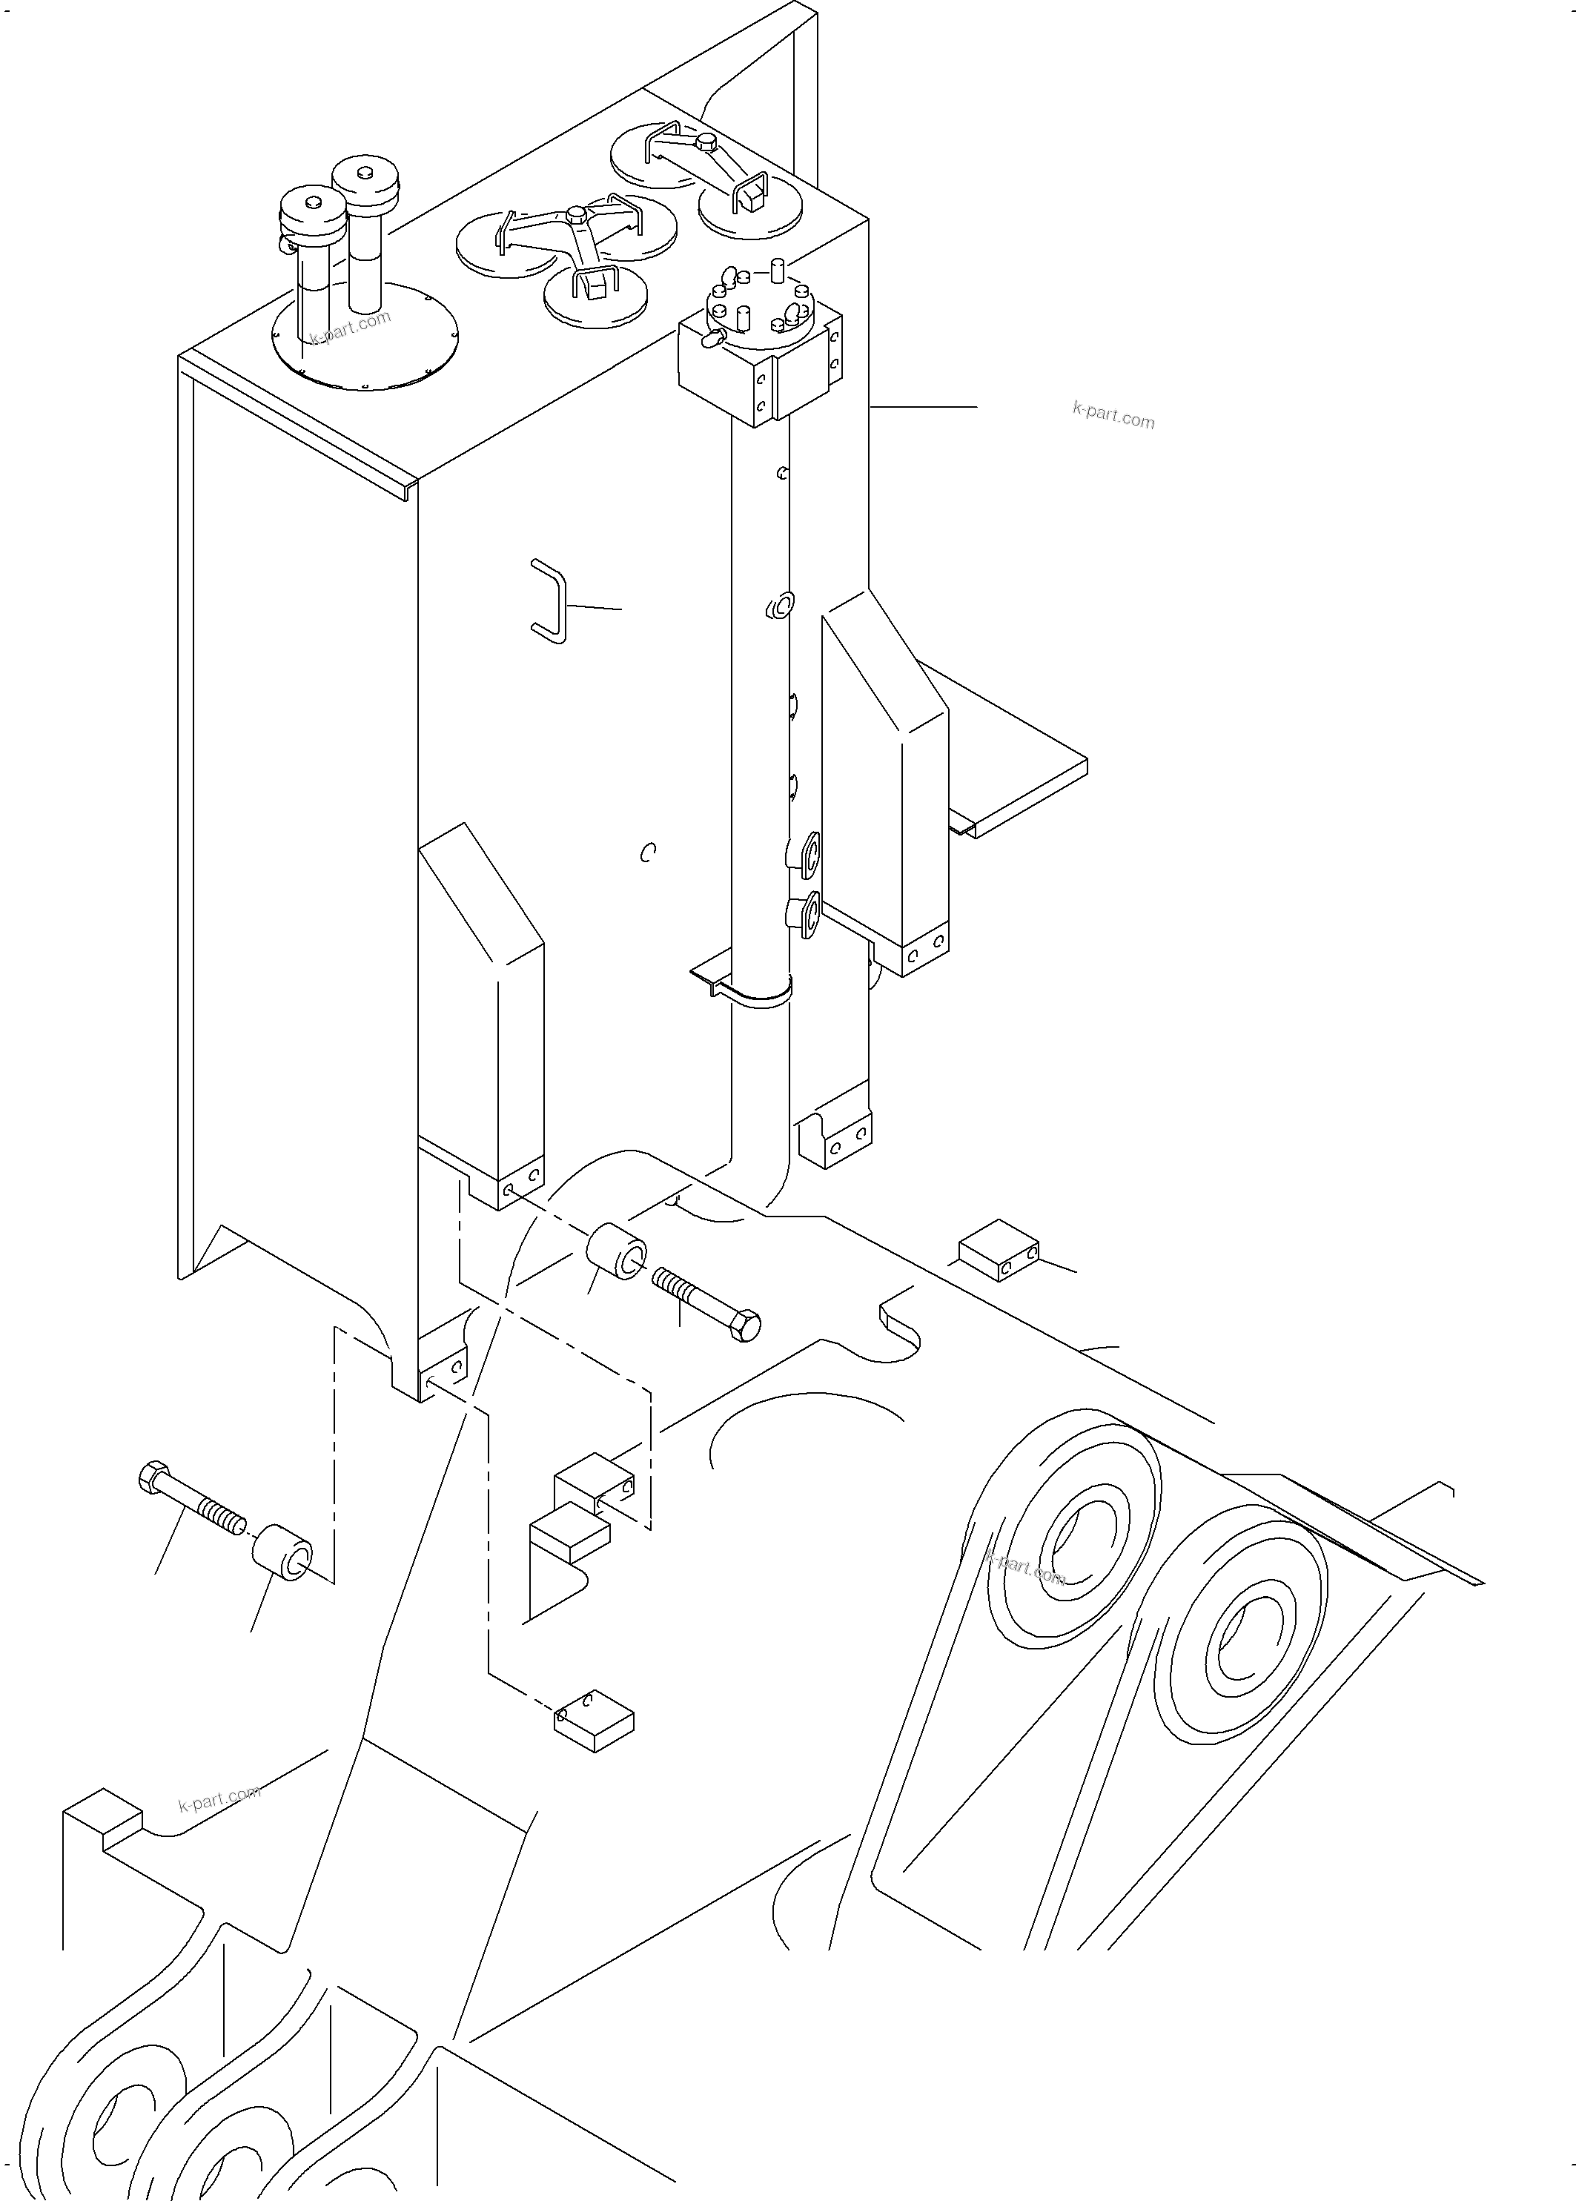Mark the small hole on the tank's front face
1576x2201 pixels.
pos(648,852)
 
